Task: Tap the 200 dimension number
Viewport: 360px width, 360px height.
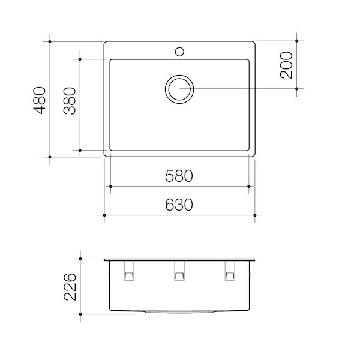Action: (x=287, y=65)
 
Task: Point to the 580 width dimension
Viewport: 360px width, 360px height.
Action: (x=179, y=176)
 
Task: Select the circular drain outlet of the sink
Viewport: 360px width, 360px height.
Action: (x=179, y=89)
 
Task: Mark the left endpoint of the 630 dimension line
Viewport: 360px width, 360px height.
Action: (x=104, y=214)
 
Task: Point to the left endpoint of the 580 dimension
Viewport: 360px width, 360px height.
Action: (x=109, y=187)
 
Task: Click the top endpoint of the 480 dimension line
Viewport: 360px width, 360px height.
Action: (x=50, y=41)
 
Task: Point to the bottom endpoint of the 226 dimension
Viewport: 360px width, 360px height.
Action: (x=80, y=313)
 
